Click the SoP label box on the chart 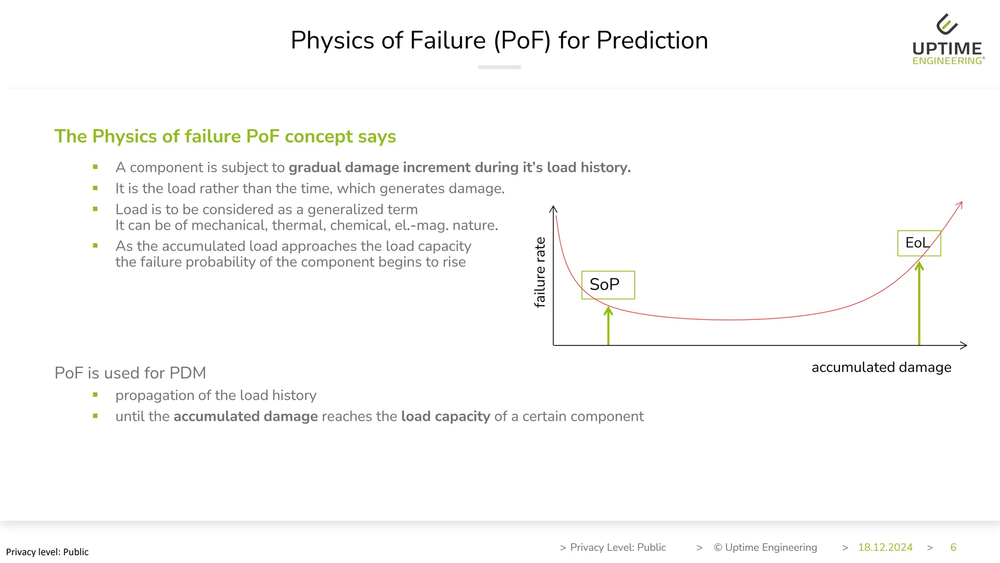coord(608,285)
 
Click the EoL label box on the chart coord(918,243)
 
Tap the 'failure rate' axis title coord(540,272)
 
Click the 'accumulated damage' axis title coord(881,368)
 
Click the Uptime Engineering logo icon coord(947,24)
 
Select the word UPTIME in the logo coord(947,49)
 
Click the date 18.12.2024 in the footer coord(885,547)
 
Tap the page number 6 coord(953,547)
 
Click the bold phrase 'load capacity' coord(445,416)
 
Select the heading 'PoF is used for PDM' coord(130,373)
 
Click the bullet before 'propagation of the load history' coord(95,395)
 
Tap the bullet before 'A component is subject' coord(95,167)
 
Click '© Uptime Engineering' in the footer coord(765,547)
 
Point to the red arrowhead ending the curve coord(959,204)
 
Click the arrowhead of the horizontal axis coord(964,346)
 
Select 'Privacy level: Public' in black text coord(47,552)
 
